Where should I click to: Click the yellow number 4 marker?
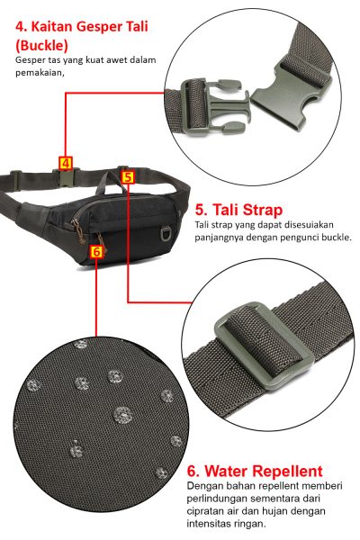(x=66, y=163)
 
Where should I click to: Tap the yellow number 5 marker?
(x=128, y=177)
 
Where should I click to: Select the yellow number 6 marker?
(x=96, y=252)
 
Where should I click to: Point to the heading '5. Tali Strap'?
(x=238, y=210)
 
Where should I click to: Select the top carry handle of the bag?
(x=111, y=182)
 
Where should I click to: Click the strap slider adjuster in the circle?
(x=265, y=346)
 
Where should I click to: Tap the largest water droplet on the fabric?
(x=123, y=415)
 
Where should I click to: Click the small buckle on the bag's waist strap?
(x=66, y=177)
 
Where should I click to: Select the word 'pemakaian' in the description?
(x=39, y=74)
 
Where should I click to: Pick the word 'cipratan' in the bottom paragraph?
(x=202, y=511)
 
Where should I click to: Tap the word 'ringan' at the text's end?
(x=251, y=524)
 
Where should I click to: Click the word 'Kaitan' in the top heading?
(x=52, y=26)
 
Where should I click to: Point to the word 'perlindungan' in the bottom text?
(x=216, y=499)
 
